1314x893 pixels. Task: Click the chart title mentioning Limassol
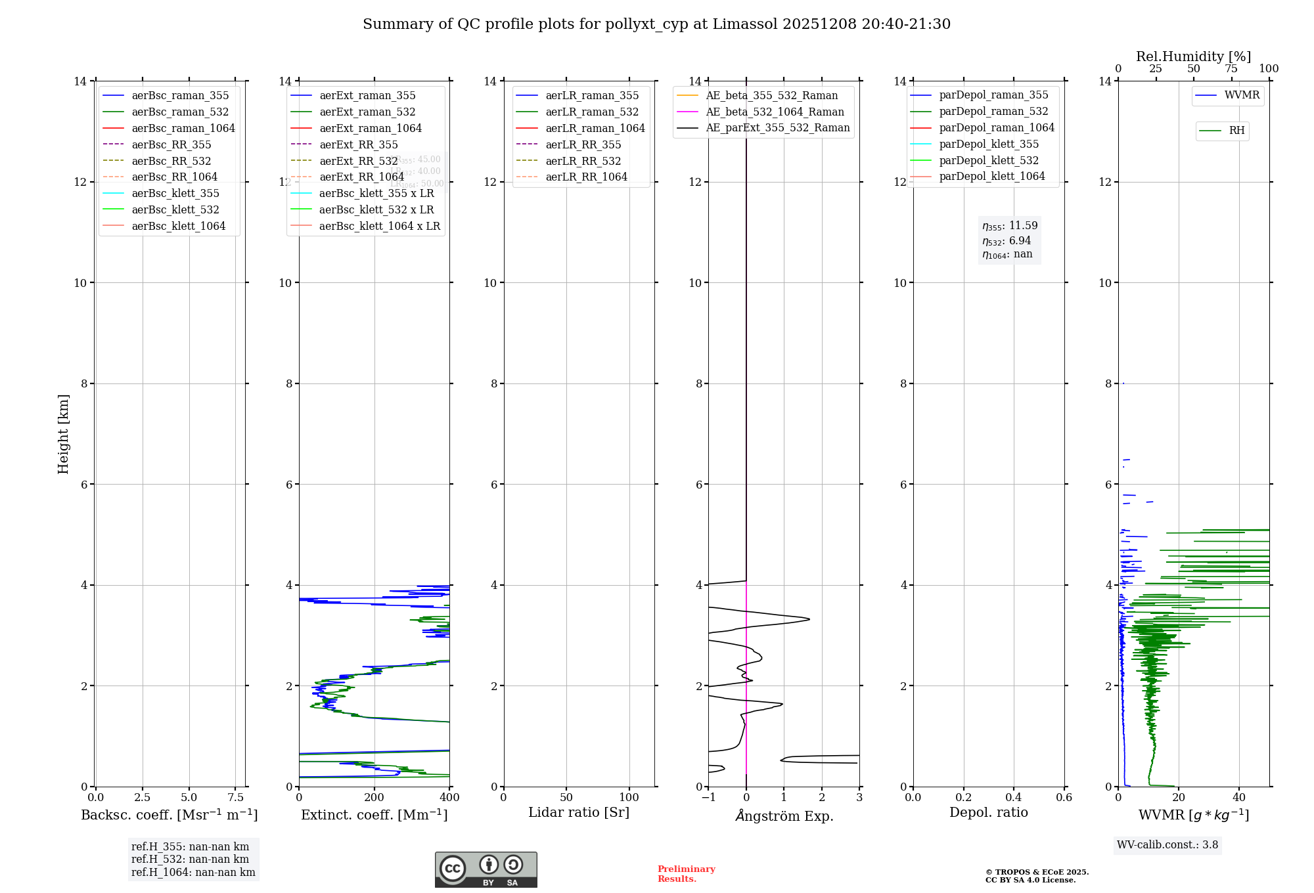click(656, 24)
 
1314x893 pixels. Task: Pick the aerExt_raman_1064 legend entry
click(371, 129)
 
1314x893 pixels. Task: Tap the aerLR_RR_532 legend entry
click(583, 162)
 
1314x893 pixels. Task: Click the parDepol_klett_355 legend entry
click(989, 144)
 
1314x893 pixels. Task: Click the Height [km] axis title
click(63, 433)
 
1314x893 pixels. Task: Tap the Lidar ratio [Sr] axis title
click(579, 813)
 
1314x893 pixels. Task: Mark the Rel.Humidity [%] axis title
click(1193, 56)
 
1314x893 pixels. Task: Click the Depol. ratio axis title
click(988, 813)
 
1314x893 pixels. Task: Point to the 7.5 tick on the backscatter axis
click(236, 798)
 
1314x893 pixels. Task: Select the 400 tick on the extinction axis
click(449, 798)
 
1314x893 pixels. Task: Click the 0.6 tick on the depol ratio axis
click(1064, 798)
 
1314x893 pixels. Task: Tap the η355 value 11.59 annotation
click(1010, 226)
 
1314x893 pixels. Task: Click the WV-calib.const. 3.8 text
click(1167, 845)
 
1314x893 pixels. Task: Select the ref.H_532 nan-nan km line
click(190, 860)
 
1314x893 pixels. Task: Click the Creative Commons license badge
click(486, 870)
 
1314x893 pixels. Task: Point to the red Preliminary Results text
click(686, 874)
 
